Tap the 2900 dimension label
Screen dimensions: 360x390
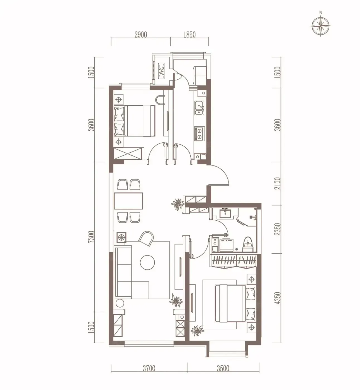coord(141,35)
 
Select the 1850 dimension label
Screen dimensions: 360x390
coord(189,35)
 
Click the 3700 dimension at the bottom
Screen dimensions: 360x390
coord(149,368)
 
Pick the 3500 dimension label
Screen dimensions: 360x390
coord(223,368)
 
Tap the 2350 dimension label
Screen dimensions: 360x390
coord(278,229)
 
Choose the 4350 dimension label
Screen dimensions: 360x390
coord(278,298)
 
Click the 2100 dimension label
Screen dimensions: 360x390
coord(278,183)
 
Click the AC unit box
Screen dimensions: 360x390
coord(162,71)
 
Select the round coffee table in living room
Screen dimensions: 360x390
coord(147,262)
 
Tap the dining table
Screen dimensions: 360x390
coord(128,201)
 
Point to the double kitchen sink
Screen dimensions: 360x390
coord(200,108)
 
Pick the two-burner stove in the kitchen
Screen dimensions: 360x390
coord(200,133)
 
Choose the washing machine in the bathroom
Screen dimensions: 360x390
coord(226,245)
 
